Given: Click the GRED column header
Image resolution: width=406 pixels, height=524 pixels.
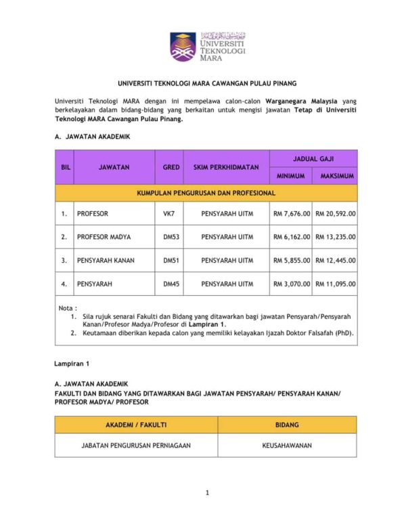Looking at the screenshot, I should [x=171, y=167].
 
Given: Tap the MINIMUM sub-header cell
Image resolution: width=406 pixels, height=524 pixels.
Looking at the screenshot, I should [x=291, y=176].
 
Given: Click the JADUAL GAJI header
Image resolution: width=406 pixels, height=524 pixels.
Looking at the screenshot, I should [x=313, y=158].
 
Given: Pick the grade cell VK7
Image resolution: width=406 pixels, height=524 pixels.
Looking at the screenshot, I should [x=168, y=214].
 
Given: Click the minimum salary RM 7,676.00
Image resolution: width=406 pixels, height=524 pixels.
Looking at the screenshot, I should [x=292, y=214].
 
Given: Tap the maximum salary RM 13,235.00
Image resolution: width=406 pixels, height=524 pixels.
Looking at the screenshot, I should [x=336, y=237].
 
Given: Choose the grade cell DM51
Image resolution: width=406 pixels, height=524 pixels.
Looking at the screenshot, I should [x=171, y=260].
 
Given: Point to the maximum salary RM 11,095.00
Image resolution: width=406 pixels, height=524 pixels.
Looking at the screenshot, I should [x=336, y=284].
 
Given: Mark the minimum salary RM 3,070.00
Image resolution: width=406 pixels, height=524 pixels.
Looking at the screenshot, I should [x=292, y=284].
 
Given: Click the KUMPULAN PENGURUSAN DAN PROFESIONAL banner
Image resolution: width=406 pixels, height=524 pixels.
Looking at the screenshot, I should [x=206, y=193].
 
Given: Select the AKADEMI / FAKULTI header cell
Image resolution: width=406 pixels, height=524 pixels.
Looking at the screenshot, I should [x=136, y=424].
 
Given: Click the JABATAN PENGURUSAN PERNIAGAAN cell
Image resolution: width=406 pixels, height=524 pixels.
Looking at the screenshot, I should [x=136, y=447].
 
